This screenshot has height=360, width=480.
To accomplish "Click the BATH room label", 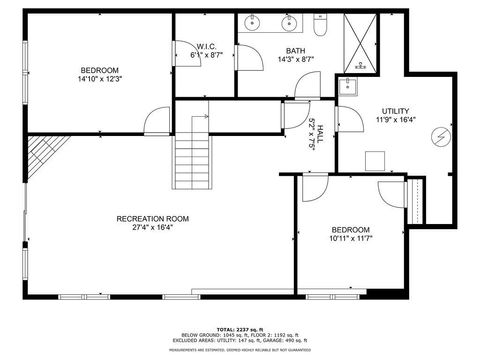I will coord(295,51).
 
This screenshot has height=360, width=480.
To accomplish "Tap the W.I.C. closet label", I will coord(207,46).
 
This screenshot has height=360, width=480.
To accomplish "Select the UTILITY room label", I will coord(395,111).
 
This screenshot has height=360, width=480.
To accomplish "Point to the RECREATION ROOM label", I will coord(152,219).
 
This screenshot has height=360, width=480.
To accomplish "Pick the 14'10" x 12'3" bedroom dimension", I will coord(99,81).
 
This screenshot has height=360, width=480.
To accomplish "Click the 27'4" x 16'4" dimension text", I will coord(152,228).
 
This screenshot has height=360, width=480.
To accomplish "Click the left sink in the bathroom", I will coord(251,22).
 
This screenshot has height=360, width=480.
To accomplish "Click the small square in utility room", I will coord(376,160).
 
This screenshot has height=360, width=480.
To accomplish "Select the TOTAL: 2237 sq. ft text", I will coord(239,328).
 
